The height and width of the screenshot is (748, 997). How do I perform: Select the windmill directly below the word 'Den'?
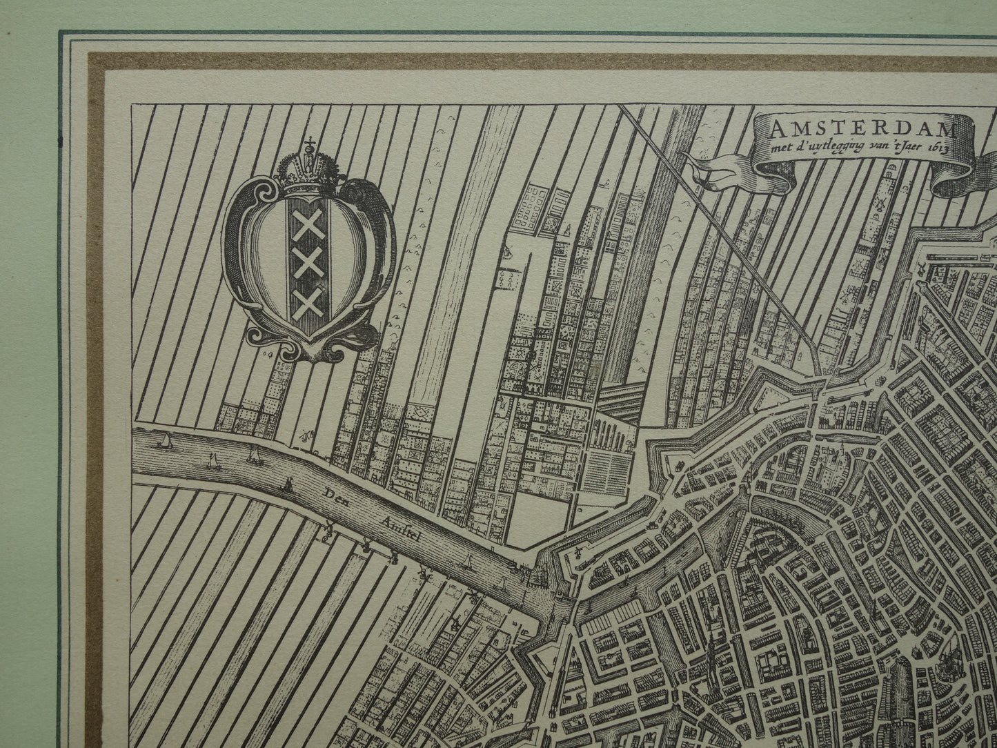(327, 531)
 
